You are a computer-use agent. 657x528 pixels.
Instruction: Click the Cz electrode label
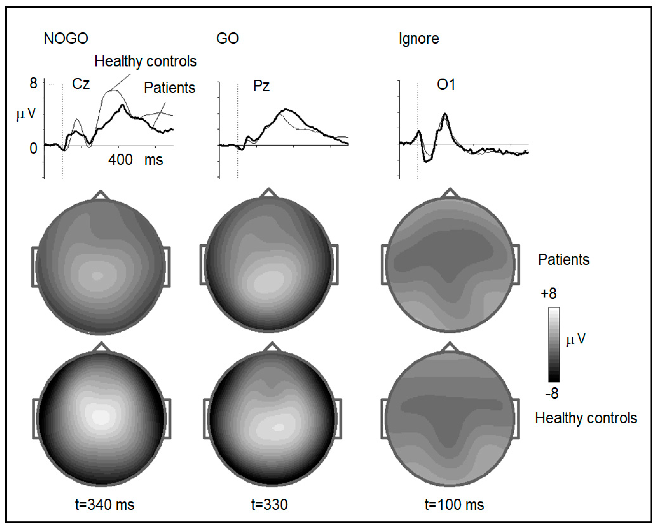(x=81, y=84)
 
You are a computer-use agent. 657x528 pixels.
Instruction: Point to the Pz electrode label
(x=261, y=86)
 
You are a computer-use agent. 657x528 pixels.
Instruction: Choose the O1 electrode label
(x=446, y=85)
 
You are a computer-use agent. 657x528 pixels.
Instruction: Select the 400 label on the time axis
(x=120, y=160)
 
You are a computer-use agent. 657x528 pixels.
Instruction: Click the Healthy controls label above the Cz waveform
(x=145, y=61)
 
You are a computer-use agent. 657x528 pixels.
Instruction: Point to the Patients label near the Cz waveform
(x=169, y=88)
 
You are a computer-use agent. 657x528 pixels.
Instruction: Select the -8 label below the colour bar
(x=552, y=394)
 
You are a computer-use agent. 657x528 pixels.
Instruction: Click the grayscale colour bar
(x=554, y=344)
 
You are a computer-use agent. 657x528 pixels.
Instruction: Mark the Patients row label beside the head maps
(x=564, y=260)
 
